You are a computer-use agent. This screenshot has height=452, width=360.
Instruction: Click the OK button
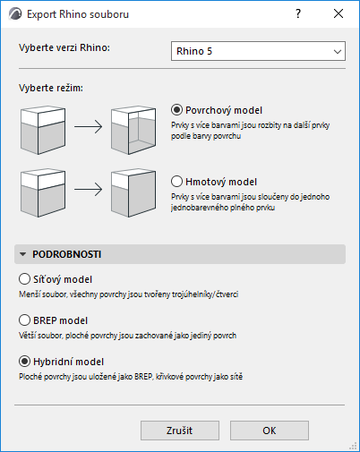[270, 431]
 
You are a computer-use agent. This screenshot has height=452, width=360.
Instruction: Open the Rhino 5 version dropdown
[258, 51]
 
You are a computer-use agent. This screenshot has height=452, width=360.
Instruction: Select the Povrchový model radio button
[176, 110]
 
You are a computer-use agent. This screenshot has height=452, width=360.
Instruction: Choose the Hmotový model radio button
[176, 182]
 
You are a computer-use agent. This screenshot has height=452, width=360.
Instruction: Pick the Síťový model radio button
[24, 279]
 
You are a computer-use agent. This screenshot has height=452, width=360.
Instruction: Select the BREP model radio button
[24, 320]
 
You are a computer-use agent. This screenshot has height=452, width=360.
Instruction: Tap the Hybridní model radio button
[24, 362]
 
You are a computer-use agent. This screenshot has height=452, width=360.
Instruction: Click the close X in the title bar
[339, 13]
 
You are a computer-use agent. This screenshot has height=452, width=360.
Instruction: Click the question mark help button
[298, 13]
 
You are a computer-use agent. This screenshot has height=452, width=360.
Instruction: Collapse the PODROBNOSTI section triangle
[22, 254]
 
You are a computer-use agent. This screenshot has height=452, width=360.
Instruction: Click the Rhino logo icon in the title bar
[15, 14]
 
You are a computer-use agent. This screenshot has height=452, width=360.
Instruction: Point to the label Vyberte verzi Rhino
[64, 47]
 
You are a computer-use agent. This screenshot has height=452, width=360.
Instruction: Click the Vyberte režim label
[51, 88]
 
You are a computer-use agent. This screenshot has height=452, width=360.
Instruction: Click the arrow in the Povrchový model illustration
[89, 127]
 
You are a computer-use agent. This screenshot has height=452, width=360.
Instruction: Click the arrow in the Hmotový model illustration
[89, 190]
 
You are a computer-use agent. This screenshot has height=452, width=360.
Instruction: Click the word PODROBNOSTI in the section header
[67, 254]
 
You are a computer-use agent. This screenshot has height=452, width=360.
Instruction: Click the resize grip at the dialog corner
[353, 446]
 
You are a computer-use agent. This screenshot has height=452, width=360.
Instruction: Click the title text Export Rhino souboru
[78, 14]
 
